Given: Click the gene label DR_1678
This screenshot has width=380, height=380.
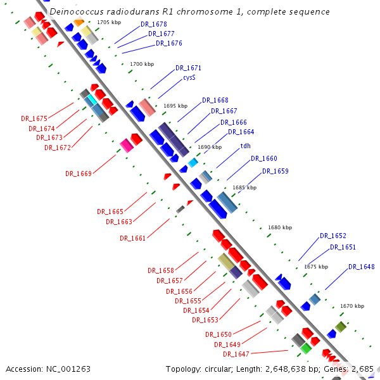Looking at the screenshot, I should [153, 24].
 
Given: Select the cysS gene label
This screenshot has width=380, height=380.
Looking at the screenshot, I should [189, 77].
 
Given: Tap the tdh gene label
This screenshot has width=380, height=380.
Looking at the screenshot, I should [245, 146].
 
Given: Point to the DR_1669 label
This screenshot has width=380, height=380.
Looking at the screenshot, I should [79, 174].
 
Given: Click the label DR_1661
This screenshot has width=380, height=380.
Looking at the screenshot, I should [132, 238].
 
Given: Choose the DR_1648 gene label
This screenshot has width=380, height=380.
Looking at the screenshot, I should [361, 267].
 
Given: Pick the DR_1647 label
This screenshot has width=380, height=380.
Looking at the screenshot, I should [236, 354].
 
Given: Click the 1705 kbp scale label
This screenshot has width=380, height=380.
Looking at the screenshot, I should [109, 22].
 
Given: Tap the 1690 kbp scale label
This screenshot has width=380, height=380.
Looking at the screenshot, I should [210, 147].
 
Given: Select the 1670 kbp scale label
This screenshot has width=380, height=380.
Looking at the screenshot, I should [352, 306].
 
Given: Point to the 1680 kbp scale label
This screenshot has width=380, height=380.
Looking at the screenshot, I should [280, 227].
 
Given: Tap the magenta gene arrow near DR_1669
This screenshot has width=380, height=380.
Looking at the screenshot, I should [127, 145].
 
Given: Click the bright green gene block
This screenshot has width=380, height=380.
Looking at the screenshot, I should [306, 348].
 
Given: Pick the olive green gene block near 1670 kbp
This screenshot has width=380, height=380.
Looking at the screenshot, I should [341, 327].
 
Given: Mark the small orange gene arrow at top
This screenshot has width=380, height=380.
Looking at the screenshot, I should [79, 23].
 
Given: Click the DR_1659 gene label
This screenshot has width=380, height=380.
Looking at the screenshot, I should [275, 171].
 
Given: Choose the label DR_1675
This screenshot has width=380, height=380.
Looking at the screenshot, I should [34, 118].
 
